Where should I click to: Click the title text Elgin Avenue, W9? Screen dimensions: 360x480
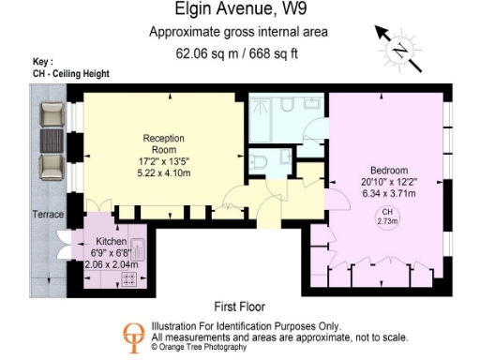click(240, 11)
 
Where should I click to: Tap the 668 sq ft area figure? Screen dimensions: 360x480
click(275, 53)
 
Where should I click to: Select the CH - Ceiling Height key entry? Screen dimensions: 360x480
click(71, 74)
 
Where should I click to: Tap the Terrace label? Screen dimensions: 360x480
click(47, 215)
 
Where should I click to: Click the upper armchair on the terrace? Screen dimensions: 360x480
click(53, 116)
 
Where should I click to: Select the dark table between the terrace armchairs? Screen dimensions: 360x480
click(53, 142)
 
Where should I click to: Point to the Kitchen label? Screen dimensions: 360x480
click(111, 242)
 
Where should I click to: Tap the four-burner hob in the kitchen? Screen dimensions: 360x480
click(128, 277)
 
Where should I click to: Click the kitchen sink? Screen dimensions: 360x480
click(137, 250)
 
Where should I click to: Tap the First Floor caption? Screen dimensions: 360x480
click(239, 307)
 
